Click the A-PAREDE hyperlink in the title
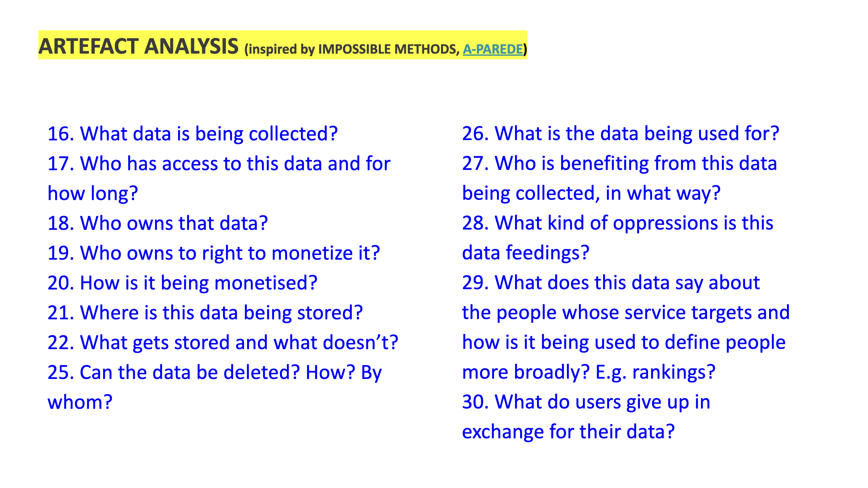pos(493,49)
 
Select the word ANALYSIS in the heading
pos(191,46)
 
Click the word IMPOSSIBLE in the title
pos(354,49)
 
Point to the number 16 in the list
pos(61,134)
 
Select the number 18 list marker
pos(61,223)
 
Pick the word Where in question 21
pos(109,313)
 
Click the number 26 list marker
pos(476,133)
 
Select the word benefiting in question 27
pos(604,164)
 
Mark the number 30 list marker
pos(476,402)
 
